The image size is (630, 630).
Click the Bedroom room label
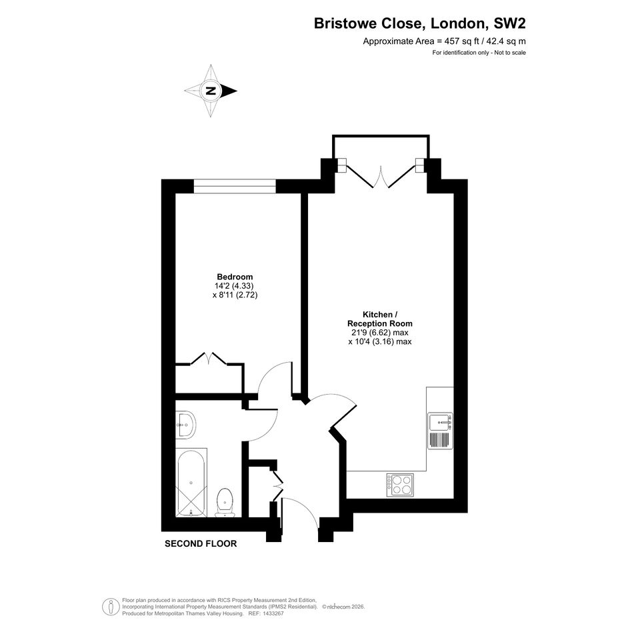(235, 277)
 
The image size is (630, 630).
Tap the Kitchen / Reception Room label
(380, 319)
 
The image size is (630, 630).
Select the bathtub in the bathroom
(191, 483)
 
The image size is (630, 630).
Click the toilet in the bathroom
(225, 503)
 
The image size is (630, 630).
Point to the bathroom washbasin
(185, 425)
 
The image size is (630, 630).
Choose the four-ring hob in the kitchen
(400, 485)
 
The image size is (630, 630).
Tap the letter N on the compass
(211, 91)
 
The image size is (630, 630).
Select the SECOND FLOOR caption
(201, 543)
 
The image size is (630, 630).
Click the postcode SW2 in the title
(509, 23)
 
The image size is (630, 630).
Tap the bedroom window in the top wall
(235, 187)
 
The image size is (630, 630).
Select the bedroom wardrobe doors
(209, 359)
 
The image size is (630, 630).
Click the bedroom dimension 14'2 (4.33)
(234, 286)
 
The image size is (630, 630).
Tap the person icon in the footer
(111, 607)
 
